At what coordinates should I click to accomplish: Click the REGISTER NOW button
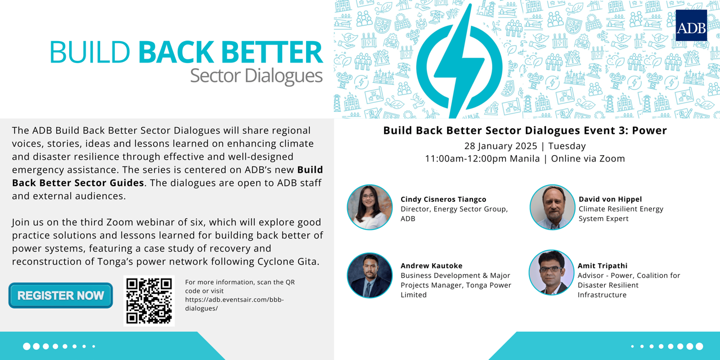pos(61,295)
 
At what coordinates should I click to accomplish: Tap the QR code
pos(149,301)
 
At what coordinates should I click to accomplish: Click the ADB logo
pos(691,25)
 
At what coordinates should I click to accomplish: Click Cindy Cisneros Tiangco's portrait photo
pos(370,207)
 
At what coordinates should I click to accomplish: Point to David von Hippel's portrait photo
pos(552,207)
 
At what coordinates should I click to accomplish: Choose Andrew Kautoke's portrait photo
pos(370,275)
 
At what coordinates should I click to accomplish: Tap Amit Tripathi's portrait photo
pos(551,273)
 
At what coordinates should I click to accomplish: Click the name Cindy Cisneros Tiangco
pos(443,199)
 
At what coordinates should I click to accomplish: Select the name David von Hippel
pos(610,199)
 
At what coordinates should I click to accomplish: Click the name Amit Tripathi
pos(602,265)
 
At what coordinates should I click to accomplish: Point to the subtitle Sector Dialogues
pos(256,75)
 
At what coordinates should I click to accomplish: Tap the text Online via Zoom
pos(588,159)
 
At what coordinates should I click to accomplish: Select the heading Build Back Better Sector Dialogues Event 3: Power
pos(525,130)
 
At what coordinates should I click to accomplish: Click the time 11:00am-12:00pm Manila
pos(482,159)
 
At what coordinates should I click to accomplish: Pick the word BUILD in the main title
pos(89,52)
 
